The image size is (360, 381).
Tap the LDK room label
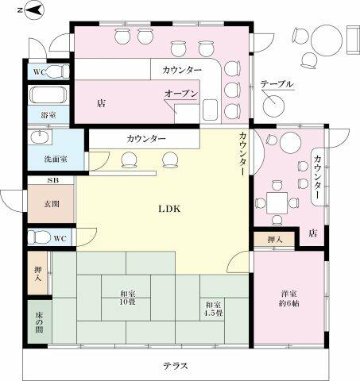[169, 210]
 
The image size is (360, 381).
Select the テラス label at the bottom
[176, 366]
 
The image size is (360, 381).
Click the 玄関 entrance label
[52, 204]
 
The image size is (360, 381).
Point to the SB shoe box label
[52, 180]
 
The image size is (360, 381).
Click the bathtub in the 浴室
[48, 95]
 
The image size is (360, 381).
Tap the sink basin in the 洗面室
[40, 138]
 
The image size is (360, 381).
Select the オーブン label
[181, 94]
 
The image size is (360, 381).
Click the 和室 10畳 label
[128, 298]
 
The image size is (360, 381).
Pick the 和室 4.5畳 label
[213, 309]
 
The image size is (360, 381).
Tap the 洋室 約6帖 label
[288, 298]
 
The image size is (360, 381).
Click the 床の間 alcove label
[39, 322]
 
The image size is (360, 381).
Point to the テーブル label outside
[277, 84]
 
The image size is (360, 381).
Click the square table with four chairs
[277, 203]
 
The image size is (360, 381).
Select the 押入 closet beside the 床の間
[38, 273]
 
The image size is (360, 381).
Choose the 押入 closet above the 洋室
[274, 239]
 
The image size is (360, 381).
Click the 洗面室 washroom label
[56, 160]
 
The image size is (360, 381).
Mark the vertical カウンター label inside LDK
[242, 153]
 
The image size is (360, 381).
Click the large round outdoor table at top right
[327, 40]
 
